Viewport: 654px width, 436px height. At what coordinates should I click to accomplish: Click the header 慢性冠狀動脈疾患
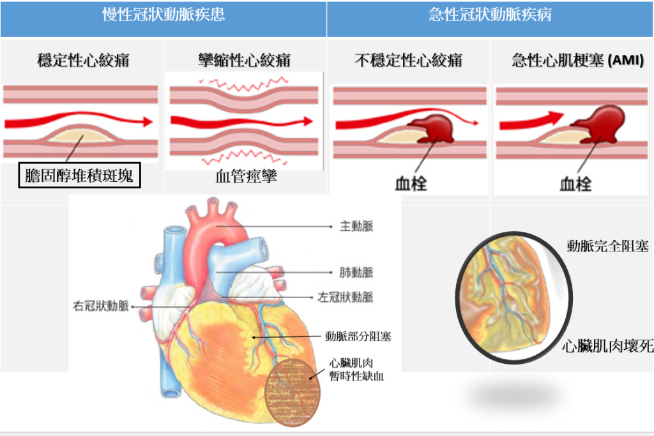(163, 15)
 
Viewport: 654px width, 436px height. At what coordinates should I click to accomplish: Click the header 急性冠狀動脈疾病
(490, 15)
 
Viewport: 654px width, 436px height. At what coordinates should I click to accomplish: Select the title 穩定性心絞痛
(84, 61)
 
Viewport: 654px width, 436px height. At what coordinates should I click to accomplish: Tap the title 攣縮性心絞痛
(245, 61)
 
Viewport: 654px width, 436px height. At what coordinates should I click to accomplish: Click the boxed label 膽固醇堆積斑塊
(79, 175)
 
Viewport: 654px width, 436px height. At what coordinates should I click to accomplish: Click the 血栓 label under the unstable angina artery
(411, 184)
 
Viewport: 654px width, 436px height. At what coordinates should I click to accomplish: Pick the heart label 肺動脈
(356, 273)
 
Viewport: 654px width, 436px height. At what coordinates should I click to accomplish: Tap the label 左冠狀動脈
(346, 297)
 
